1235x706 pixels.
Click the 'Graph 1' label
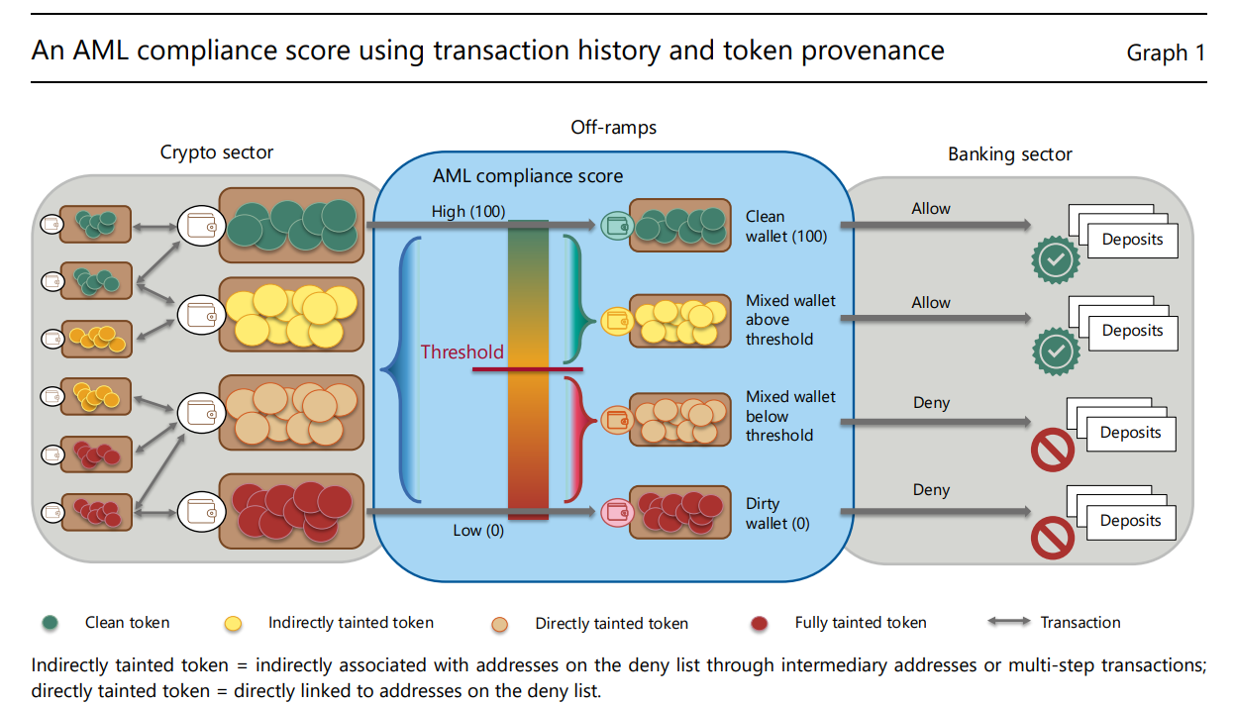[1166, 52]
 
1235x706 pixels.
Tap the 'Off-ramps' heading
[613, 127]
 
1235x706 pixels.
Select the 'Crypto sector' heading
[217, 152]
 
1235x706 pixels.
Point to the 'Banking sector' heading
[1009, 153]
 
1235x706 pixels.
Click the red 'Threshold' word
[462, 352]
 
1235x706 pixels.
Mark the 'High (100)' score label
[468, 212]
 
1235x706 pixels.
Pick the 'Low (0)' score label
[478, 530]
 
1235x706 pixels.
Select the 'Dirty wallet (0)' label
[777, 513]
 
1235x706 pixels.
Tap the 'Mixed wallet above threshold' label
[790, 320]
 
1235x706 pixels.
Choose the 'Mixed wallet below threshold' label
[790, 416]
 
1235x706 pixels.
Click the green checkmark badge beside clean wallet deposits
[1055, 260]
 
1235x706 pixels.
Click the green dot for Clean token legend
[50, 624]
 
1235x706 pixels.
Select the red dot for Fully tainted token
[760, 624]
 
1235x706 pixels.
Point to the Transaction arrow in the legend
[1008, 623]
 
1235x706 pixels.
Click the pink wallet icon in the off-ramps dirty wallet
[615, 512]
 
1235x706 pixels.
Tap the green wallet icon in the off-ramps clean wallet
[615, 225]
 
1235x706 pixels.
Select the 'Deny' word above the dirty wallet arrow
[931, 489]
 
